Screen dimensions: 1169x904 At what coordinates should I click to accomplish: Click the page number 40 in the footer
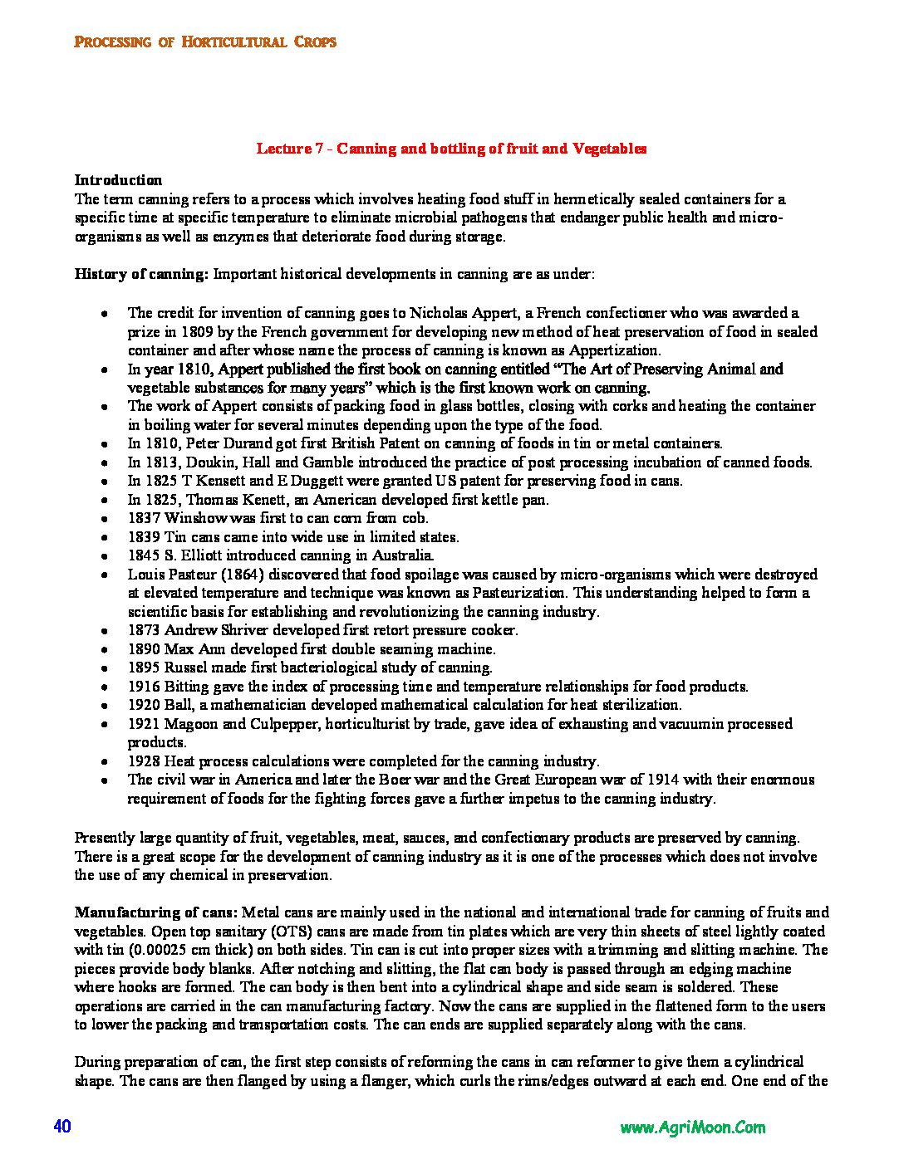click(62, 1127)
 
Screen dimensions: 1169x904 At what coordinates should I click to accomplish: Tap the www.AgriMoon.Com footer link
click(692, 1127)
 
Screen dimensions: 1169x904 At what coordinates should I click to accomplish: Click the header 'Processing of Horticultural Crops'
click(205, 42)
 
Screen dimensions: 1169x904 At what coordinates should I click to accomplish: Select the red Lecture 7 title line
click(451, 149)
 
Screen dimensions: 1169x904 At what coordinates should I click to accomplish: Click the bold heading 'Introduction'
click(118, 180)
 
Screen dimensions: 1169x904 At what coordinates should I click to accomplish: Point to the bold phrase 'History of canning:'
click(141, 274)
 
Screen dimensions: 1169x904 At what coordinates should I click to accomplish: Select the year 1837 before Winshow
click(144, 518)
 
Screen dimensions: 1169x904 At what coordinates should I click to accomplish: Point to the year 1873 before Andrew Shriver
click(144, 630)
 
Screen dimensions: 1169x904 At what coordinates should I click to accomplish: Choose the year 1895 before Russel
click(144, 668)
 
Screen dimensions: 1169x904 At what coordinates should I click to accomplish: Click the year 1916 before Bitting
click(144, 687)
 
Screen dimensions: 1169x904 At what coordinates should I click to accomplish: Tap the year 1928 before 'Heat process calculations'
click(144, 761)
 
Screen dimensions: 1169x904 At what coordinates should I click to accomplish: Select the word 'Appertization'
click(614, 350)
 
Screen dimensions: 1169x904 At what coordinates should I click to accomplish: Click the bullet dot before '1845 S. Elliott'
click(104, 556)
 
